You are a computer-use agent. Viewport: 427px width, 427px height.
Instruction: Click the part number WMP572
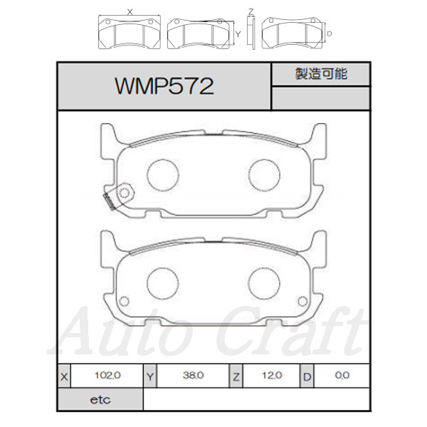click(164, 86)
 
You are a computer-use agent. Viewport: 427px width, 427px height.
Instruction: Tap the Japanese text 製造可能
click(321, 74)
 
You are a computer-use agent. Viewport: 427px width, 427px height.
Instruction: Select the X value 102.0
click(107, 376)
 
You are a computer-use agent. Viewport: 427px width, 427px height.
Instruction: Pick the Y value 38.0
click(193, 376)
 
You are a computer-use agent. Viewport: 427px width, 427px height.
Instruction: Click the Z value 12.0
click(272, 376)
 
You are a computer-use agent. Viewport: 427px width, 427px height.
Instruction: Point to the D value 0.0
click(342, 376)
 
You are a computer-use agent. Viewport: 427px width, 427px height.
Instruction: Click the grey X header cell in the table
click(64, 376)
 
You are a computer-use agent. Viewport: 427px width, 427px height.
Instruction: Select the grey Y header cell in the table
click(150, 376)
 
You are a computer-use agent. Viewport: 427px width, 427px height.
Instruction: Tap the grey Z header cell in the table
click(236, 376)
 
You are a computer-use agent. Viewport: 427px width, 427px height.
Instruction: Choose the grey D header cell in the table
click(307, 376)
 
